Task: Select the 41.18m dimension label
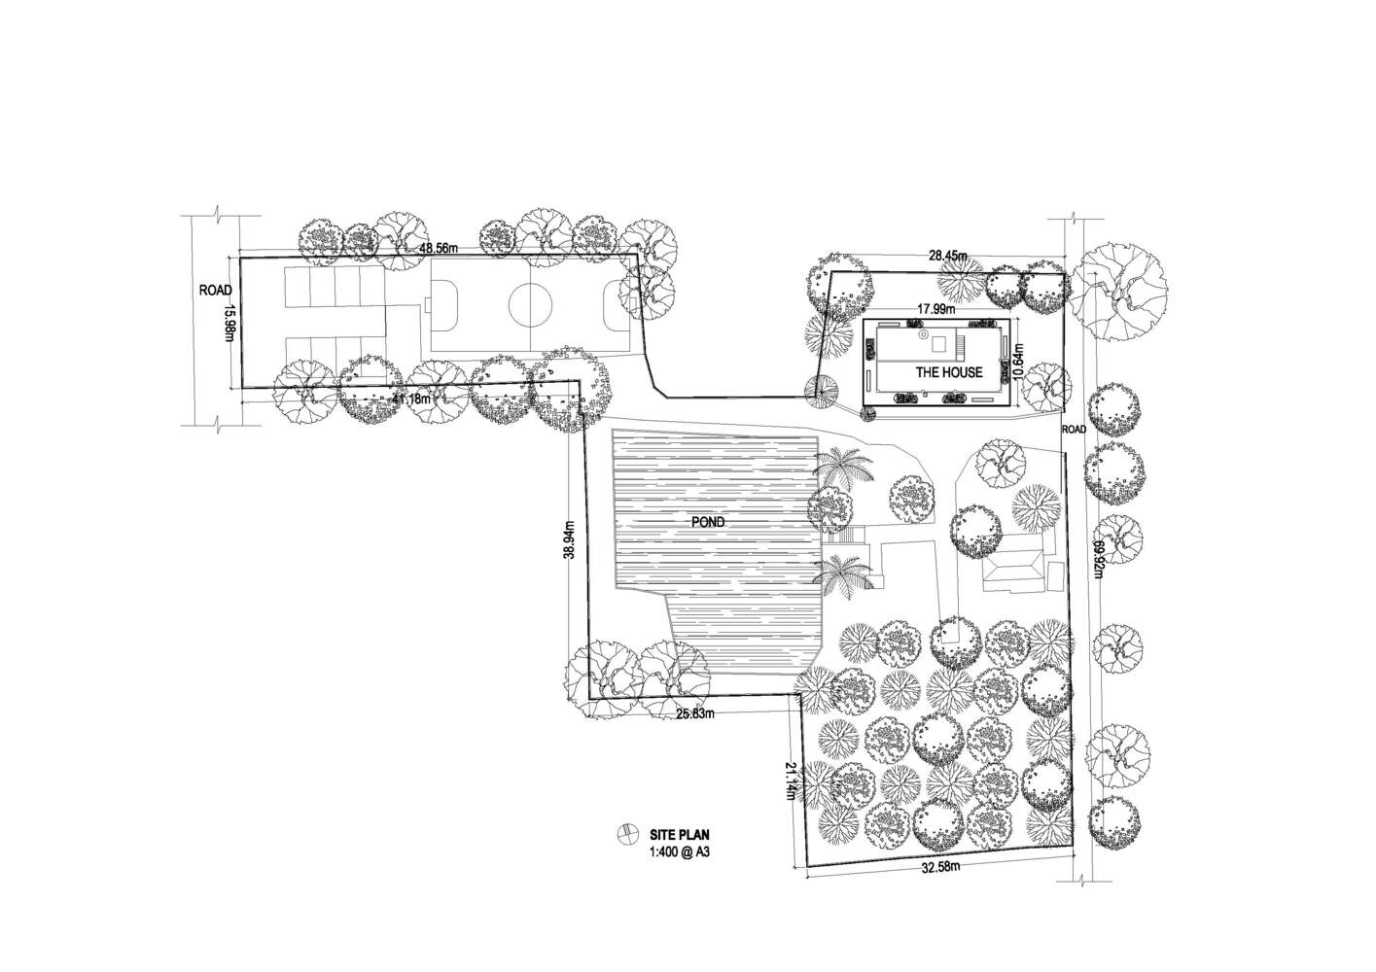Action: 412,399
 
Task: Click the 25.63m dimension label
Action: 695,713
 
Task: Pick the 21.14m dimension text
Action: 792,781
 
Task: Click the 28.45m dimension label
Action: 948,256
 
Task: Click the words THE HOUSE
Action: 948,372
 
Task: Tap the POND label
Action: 708,522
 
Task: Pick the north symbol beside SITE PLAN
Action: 627,834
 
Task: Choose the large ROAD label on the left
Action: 215,291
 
